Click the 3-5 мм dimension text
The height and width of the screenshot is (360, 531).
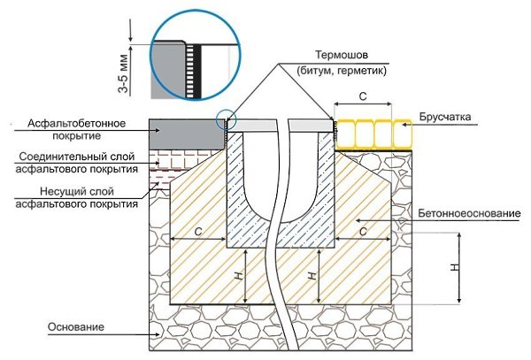(x=133, y=71)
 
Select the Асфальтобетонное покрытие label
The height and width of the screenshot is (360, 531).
(x=71, y=129)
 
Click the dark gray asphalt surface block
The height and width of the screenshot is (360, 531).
(x=186, y=134)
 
